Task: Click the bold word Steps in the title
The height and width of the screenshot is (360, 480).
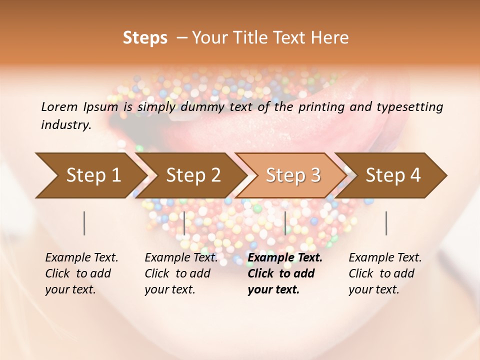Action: (145, 38)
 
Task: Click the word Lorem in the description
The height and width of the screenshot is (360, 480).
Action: (59, 106)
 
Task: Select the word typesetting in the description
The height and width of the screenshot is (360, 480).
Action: (407, 106)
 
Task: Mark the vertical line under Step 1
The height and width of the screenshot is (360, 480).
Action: (84, 223)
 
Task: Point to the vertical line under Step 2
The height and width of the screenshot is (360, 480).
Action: (184, 223)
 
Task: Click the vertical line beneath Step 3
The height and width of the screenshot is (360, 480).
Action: (285, 223)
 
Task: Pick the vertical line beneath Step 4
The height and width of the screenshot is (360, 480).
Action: (386, 223)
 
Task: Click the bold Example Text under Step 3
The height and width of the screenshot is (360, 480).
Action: (285, 257)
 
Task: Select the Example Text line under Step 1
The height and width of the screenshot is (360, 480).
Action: (81, 257)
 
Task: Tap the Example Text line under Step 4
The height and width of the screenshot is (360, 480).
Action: (385, 257)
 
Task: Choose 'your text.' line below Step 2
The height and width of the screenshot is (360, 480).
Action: (169, 289)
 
